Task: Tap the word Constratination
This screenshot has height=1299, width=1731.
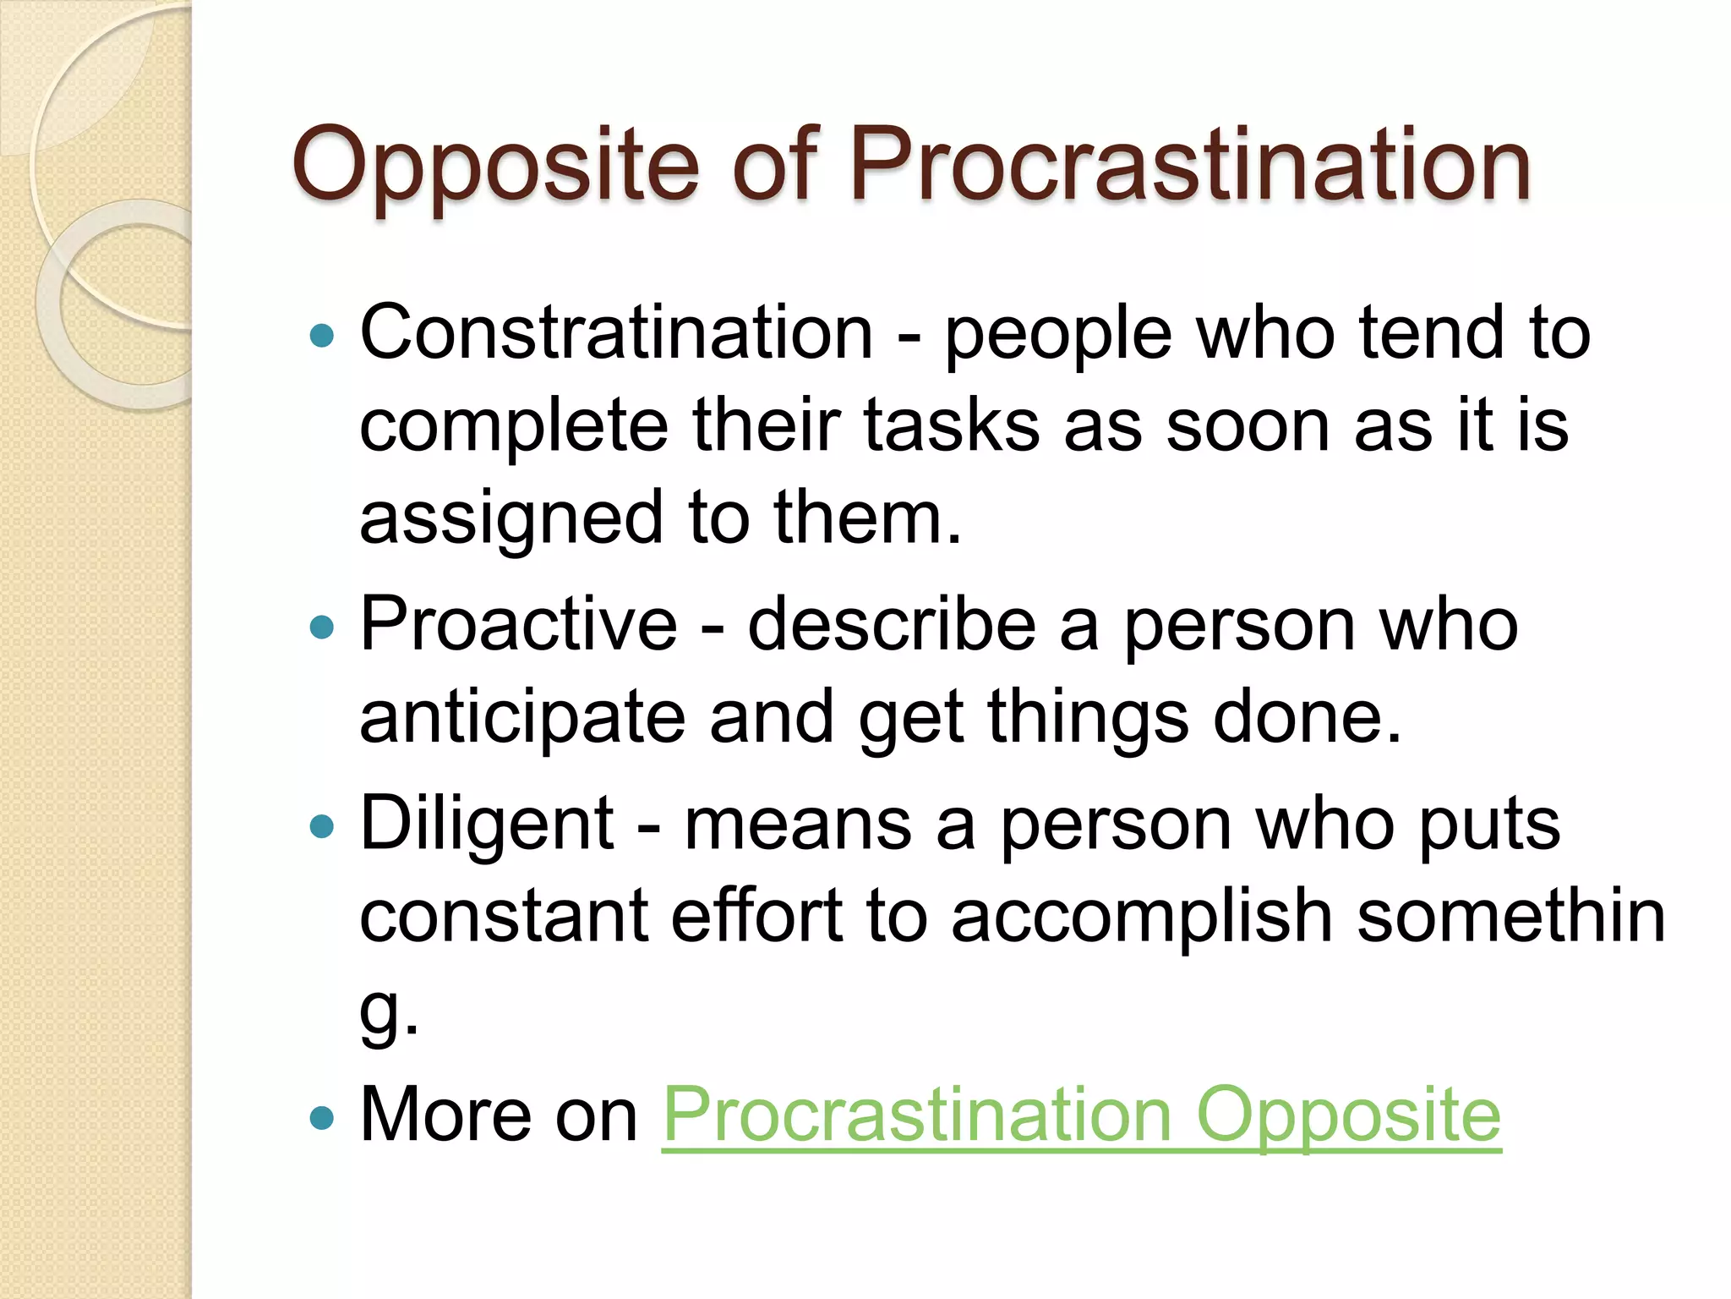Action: click(x=616, y=332)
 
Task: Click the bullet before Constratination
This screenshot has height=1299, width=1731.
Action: click(x=322, y=336)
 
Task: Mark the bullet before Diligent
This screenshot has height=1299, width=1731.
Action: click(x=322, y=825)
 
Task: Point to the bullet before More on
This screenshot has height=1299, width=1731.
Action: click(x=322, y=1118)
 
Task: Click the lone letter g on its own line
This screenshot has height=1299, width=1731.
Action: click(x=378, y=1011)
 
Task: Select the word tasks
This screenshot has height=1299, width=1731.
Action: click(x=951, y=425)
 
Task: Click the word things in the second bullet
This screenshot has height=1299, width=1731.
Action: click(x=1088, y=717)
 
